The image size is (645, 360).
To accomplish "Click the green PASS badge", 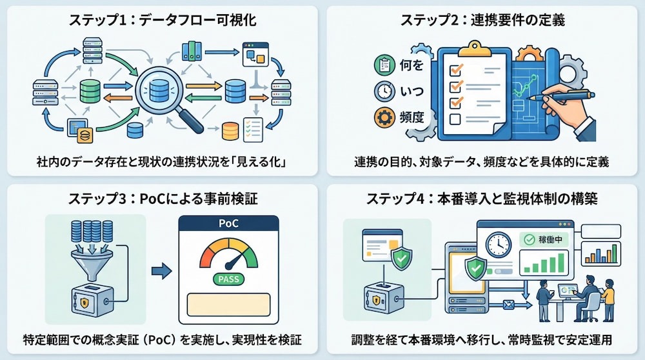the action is [228, 279].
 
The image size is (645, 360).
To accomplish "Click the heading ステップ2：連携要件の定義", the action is [482, 20].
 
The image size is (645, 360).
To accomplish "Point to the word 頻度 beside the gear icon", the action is [412, 117].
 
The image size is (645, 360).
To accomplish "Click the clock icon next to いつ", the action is [384, 91].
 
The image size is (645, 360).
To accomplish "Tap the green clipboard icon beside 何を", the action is [384, 65].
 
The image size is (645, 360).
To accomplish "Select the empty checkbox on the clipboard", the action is [455, 119].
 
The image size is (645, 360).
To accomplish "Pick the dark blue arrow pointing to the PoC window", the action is [161, 271].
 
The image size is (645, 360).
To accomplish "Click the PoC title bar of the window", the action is [229, 223].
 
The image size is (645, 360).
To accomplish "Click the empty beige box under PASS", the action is [229, 305].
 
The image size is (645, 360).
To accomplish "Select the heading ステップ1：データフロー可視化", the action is [163, 20].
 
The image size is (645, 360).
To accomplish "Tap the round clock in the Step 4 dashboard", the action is [499, 245].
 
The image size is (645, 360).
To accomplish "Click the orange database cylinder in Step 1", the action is [230, 131].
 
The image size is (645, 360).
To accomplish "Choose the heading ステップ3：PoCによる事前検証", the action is [163, 199].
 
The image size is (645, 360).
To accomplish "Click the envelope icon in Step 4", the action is [510, 305].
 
